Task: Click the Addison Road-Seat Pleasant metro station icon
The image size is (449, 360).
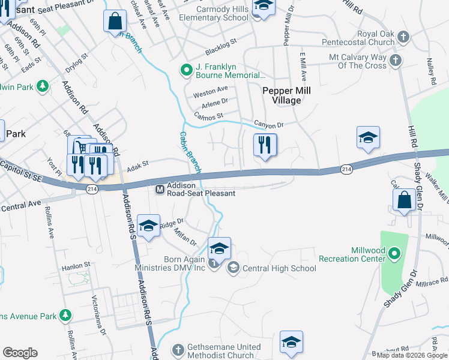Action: click(x=160, y=190)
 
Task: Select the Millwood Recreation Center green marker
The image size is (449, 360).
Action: click(x=394, y=254)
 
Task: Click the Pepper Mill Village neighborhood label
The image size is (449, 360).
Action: click(x=282, y=95)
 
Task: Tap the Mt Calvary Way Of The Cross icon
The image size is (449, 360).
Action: click(x=395, y=60)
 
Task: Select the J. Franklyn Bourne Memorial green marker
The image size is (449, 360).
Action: click(x=186, y=71)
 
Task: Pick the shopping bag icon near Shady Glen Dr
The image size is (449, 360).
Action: click(x=405, y=200)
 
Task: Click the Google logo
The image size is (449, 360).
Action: click(x=20, y=353)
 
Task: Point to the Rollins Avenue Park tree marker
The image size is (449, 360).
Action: click(x=65, y=315)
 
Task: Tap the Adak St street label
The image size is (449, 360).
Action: click(x=136, y=163)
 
